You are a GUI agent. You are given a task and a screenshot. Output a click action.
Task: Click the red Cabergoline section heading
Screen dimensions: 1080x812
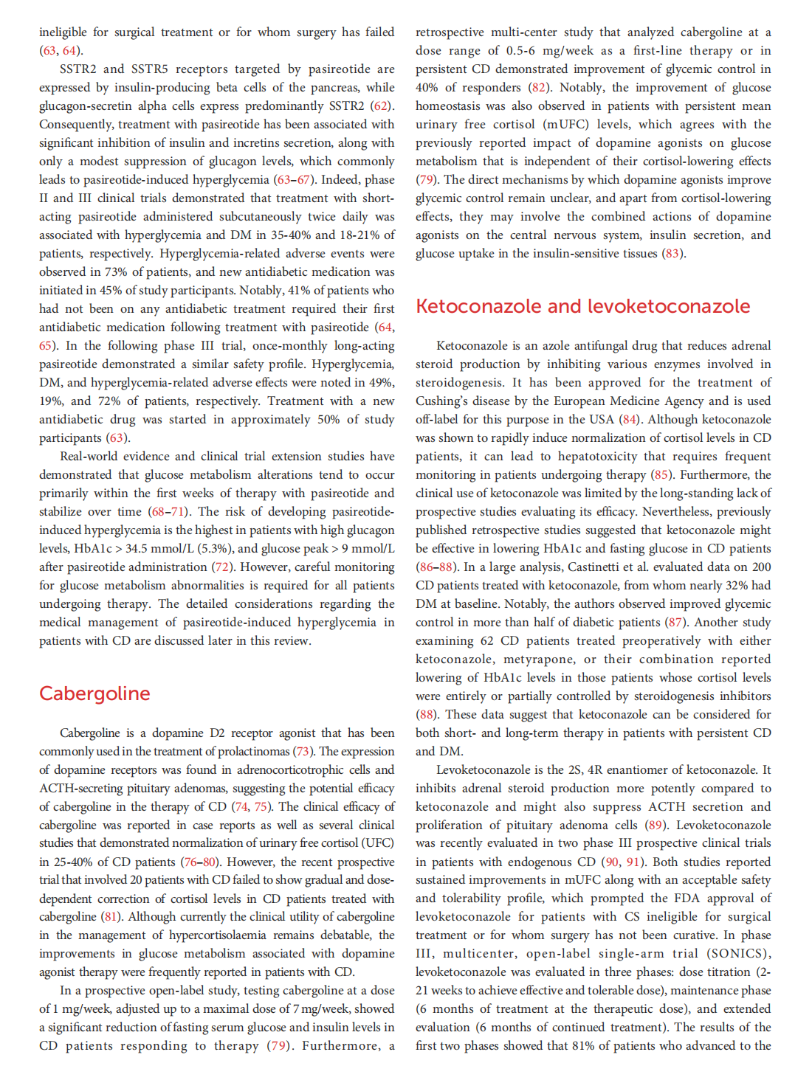pyautogui.click(x=94, y=693)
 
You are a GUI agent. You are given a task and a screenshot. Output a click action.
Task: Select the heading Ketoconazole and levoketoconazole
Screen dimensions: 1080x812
pyautogui.click(x=582, y=306)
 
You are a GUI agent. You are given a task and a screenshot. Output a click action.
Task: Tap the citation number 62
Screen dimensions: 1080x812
pyautogui.click(x=381, y=106)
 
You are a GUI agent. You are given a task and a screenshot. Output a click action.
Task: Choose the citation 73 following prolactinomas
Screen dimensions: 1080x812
pyautogui.click(x=303, y=752)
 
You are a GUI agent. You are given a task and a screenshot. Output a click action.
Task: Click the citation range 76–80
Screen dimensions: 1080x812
pyautogui.click(x=200, y=862)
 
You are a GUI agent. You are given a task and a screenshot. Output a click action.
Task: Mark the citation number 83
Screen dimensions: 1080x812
pyautogui.click(x=672, y=254)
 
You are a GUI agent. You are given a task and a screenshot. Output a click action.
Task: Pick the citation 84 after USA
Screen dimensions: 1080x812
pyautogui.click(x=629, y=420)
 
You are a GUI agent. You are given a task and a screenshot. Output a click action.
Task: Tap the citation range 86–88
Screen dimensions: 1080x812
pyautogui.click(x=436, y=567)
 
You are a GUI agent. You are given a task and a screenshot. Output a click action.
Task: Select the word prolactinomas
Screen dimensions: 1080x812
pyautogui.click(x=252, y=752)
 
